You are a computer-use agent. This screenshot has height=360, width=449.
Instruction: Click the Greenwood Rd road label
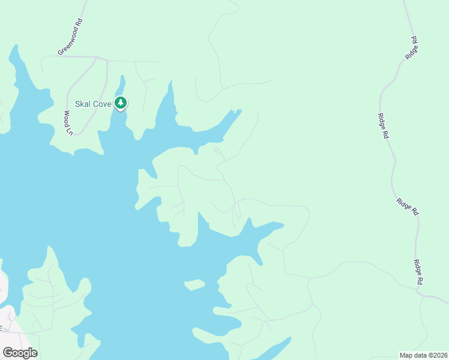point(70,37)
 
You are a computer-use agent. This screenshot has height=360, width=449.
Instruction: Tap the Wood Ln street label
point(68,122)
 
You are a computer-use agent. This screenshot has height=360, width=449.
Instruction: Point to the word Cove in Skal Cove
point(101,104)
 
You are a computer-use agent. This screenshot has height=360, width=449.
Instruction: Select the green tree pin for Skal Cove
point(121,103)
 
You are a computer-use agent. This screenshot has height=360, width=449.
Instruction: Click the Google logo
point(20,353)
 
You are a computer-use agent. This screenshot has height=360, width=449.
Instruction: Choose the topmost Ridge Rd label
point(411,47)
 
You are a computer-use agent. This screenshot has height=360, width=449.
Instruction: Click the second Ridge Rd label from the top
point(383,126)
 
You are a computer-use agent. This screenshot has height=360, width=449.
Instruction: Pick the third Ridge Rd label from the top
point(407,206)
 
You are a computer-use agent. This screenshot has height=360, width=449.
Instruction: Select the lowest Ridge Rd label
point(419,272)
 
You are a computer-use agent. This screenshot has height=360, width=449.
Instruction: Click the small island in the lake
point(194,284)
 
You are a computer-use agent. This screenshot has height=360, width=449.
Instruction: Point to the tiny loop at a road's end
point(217,150)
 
